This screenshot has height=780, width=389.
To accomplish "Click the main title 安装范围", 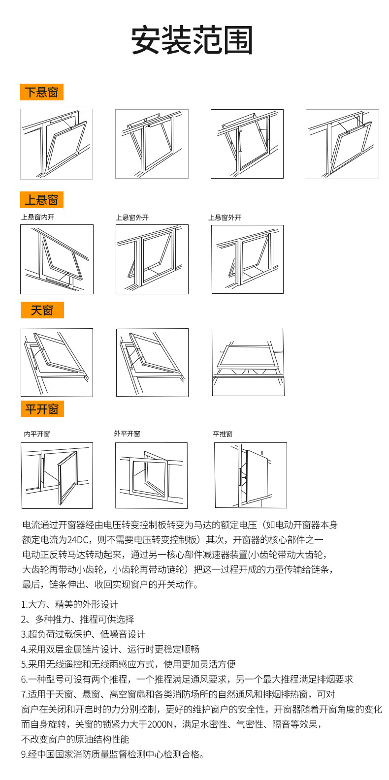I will click(x=192, y=40).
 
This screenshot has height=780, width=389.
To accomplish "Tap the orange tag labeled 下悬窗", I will click(x=42, y=92).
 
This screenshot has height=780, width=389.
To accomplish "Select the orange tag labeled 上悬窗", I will click(x=42, y=200).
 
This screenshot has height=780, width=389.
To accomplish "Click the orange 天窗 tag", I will click(x=42, y=310).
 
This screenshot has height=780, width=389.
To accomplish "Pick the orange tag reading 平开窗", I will click(x=42, y=409).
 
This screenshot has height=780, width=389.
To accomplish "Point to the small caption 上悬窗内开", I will click(x=37, y=217).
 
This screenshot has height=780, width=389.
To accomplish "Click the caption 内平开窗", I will click(x=37, y=434).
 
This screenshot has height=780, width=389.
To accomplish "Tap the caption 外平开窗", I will click(x=127, y=434).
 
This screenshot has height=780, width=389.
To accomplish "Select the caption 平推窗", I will click(x=223, y=434).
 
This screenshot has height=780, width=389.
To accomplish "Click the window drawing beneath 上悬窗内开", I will click(x=57, y=259).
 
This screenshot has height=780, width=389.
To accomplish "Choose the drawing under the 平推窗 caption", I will click(x=250, y=475).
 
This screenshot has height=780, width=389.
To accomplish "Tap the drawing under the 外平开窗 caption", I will click(x=151, y=475).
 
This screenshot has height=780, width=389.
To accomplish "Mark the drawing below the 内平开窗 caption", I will click(x=57, y=475).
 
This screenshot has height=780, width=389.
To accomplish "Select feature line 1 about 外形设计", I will click(x=69, y=604).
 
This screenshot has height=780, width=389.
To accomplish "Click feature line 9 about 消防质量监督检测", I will click(x=112, y=754).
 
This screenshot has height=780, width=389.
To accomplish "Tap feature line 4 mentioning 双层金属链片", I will click(x=110, y=649).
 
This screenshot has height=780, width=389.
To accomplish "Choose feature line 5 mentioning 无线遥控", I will click(x=128, y=664).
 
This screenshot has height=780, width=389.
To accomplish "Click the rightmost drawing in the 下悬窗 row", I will click(x=342, y=144).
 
